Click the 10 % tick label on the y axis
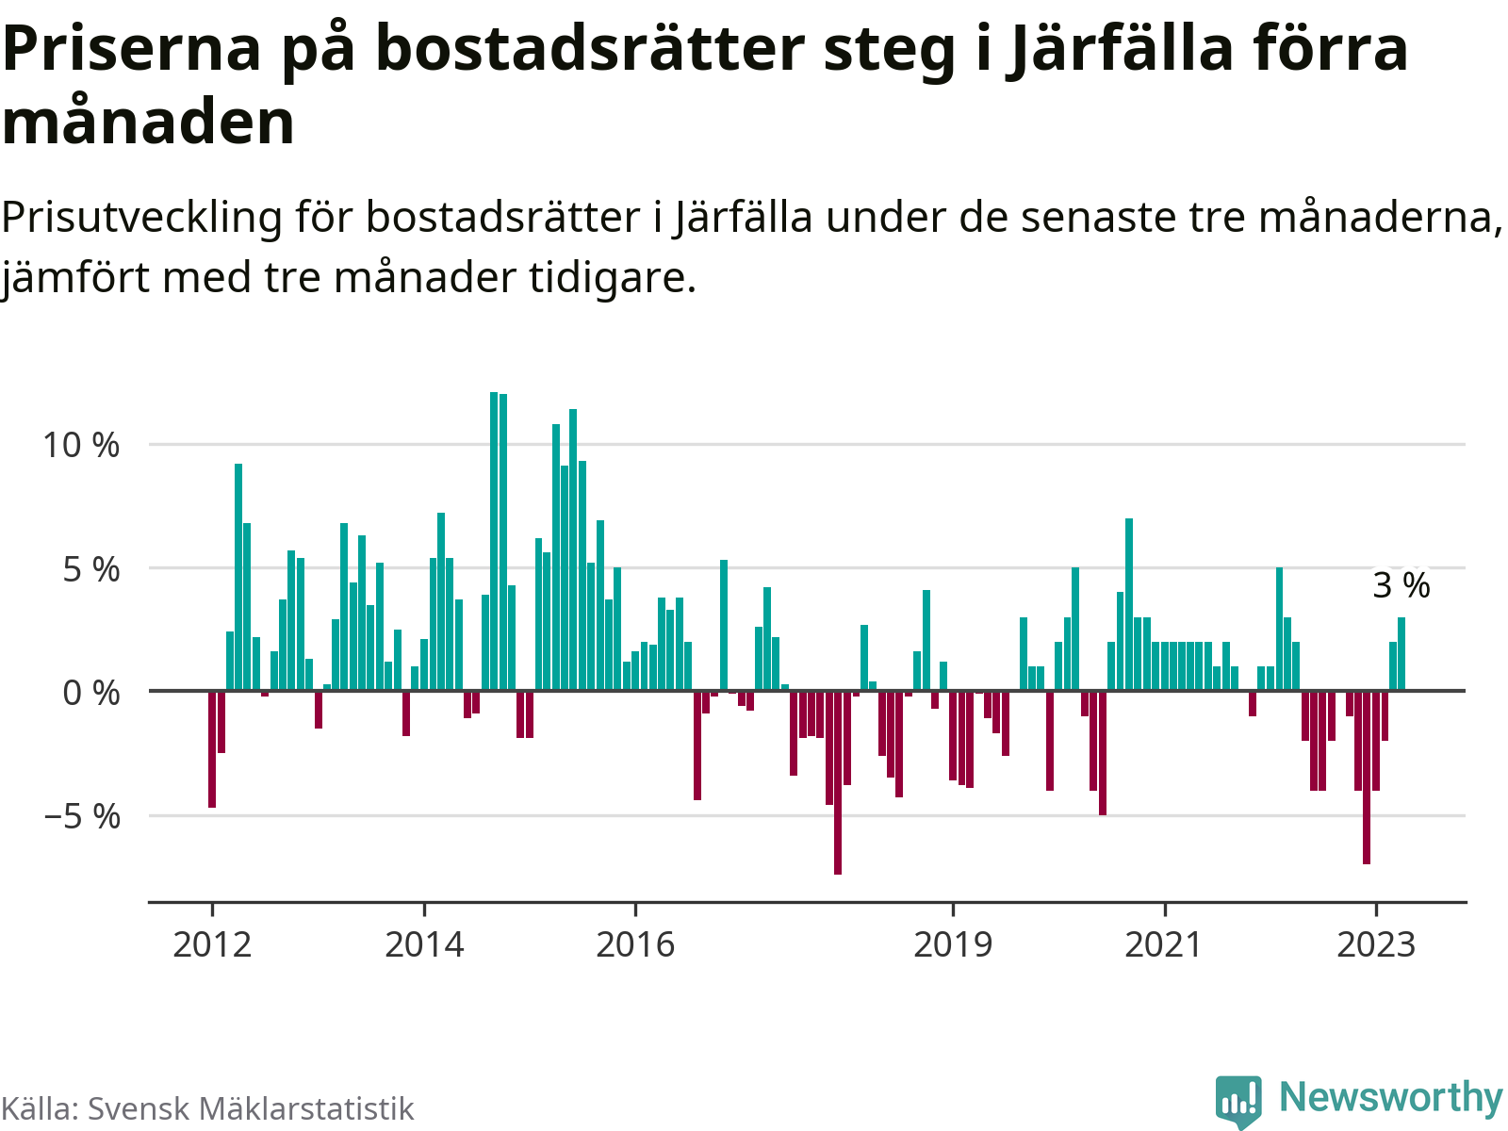coord(81,445)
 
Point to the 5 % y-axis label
coord(91,569)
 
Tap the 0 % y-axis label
coord(91,693)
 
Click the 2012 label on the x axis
coord(212,943)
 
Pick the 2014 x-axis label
coord(424,943)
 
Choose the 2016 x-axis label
coord(636,943)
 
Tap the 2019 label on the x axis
coord(953,943)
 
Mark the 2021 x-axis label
coord(1165,943)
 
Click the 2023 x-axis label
coord(1376,943)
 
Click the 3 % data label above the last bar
coord(1401,585)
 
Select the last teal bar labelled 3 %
coord(1401,654)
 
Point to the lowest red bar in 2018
coord(838,782)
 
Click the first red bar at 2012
coord(212,749)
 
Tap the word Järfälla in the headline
coord(1107,49)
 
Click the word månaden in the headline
coord(149,123)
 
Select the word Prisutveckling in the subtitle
coord(141,218)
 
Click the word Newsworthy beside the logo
coord(1390,1098)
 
